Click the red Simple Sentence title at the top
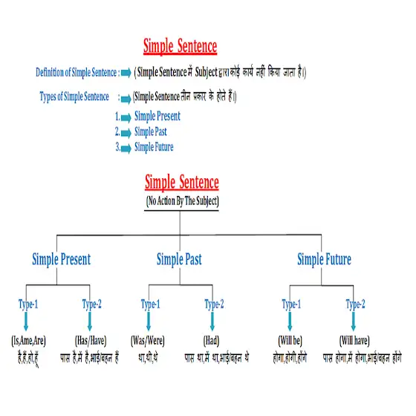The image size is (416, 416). [180, 46]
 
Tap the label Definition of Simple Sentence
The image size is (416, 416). [76, 73]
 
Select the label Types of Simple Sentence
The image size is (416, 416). [74, 97]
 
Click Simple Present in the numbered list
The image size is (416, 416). [157, 116]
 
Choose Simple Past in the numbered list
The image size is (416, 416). [150, 131]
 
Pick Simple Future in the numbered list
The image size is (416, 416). [154, 147]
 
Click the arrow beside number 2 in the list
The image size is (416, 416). [126, 133]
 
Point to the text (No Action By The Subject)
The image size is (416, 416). [183, 201]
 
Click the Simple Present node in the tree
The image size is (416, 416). [61, 259]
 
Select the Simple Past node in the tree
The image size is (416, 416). [179, 259]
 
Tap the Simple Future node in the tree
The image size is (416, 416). [324, 259]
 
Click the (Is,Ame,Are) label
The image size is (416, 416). [28, 341]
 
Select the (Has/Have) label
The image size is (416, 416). [91, 341]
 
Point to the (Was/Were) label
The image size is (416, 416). [148, 341]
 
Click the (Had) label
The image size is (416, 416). [212, 341]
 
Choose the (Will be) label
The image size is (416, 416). [290, 341]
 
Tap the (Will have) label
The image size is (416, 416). [354, 341]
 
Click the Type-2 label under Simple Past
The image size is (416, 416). [214, 305]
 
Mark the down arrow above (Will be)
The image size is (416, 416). [290, 321]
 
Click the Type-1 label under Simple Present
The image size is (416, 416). [28, 305]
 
